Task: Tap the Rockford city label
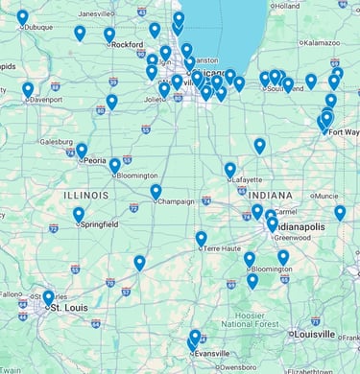(127, 44)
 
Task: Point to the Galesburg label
(56, 141)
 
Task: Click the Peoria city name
(94, 161)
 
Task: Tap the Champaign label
(176, 201)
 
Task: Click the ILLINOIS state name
(86, 195)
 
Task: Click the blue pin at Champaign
(156, 192)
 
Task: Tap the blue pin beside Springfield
(79, 215)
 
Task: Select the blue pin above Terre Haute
(201, 238)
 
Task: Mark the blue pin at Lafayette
(230, 170)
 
